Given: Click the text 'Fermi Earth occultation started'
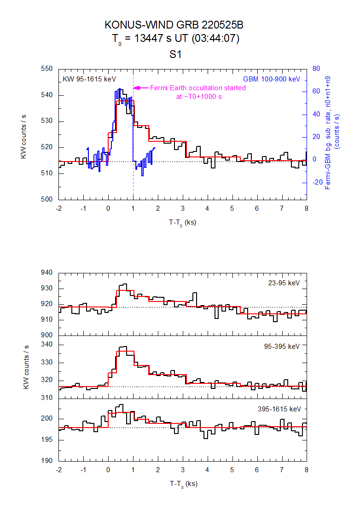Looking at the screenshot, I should [x=198, y=88].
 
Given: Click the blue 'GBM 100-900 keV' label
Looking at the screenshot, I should [x=272, y=79].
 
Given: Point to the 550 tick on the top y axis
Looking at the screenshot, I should [x=48, y=69].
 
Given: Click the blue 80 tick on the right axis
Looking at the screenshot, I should [x=316, y=69].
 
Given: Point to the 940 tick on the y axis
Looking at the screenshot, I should [x=48, y=273].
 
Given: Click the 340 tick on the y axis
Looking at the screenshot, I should [x=48, y=345].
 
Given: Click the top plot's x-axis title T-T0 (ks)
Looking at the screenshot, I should [x=183, y=223].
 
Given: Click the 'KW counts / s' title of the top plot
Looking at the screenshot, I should [x=23, y=134].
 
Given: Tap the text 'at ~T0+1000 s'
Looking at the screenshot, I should [x=198, y=97].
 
